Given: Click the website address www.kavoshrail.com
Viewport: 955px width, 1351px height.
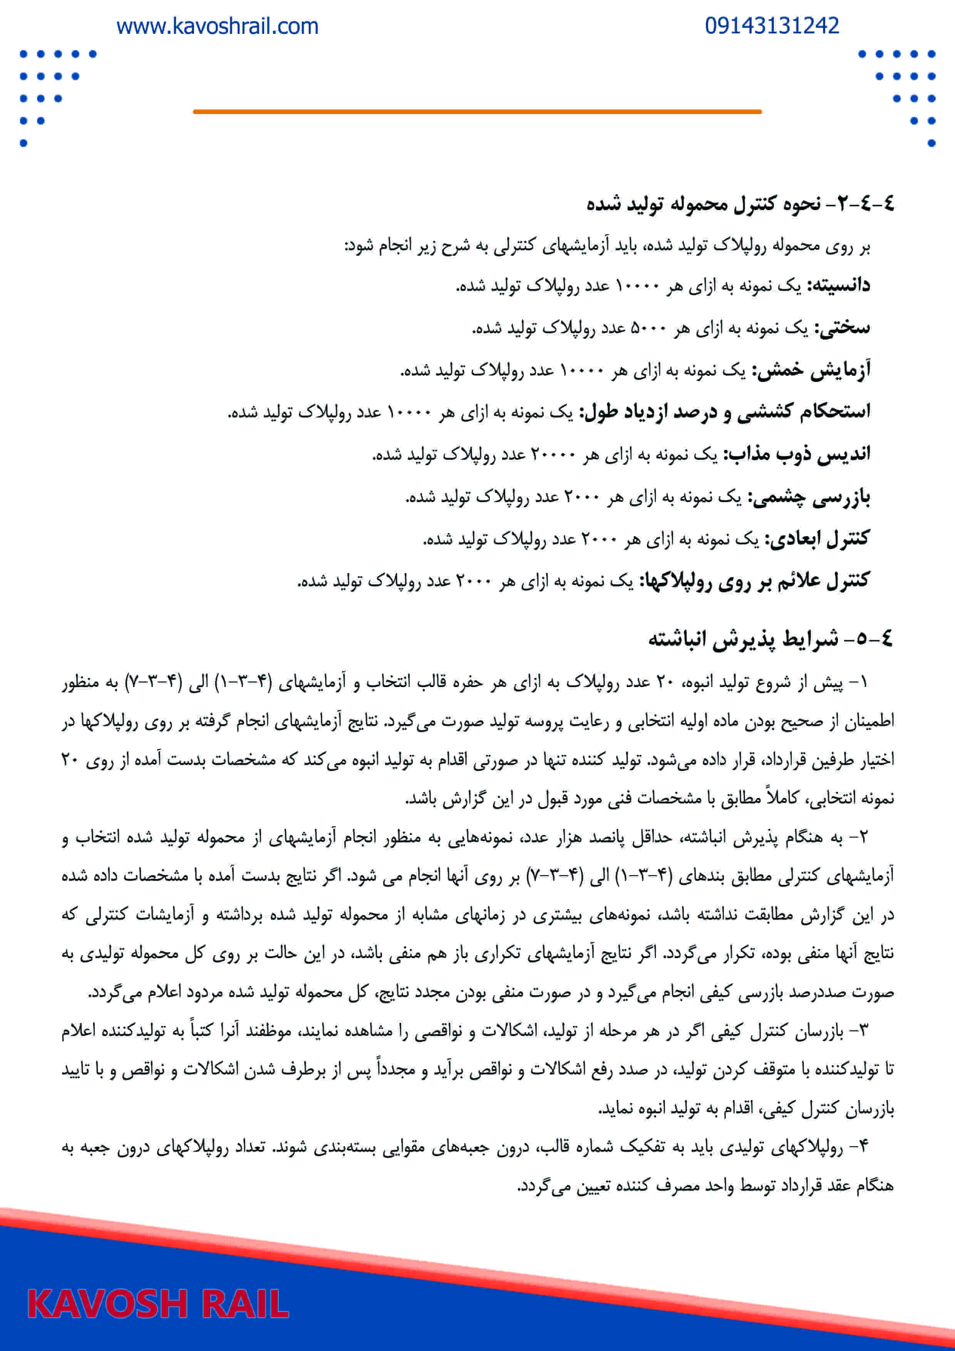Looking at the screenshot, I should tap(217, 27).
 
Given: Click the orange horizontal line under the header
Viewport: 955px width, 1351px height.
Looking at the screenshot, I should tap(477, 111).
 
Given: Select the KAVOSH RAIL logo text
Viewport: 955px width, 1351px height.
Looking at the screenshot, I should tap(158, 1304).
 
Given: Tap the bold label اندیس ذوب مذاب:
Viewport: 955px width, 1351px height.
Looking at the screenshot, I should tap(797, 454).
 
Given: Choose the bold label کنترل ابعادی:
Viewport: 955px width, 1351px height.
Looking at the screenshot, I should tap(817, 539).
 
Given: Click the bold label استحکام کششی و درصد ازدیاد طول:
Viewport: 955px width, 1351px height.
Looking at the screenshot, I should tap(725, 412).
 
